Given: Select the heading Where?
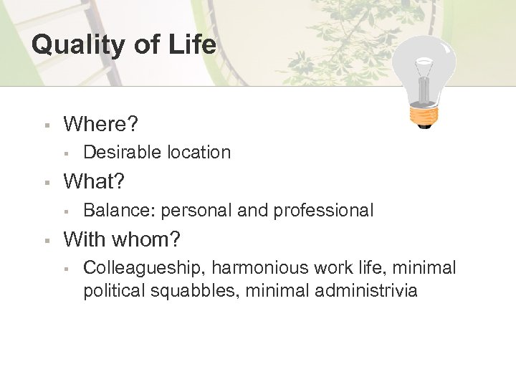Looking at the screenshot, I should pos(101,124).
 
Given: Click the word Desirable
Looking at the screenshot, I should pos(123,152).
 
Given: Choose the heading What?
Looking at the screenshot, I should pos(94,182).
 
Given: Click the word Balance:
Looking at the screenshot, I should pos(120,211).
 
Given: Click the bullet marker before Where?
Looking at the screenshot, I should pos(45,125).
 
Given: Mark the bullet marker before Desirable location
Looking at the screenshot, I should pos(65,153).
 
